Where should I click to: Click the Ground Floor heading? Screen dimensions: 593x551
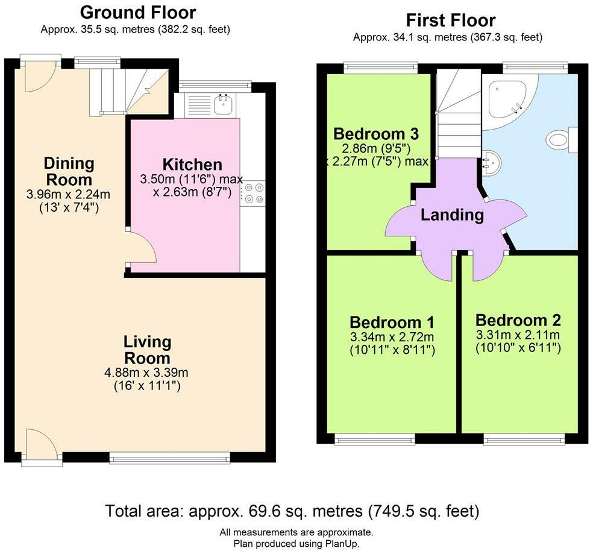pos(137,13)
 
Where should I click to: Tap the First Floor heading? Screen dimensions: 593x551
pos(450,20)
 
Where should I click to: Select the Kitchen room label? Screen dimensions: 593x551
pos(192,165)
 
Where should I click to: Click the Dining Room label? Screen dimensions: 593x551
pos(69,171)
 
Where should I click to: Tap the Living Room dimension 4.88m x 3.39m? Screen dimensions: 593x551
pos(146,373)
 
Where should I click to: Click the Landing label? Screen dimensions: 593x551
pos(453,215)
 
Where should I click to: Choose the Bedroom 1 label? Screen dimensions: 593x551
pos(392,323)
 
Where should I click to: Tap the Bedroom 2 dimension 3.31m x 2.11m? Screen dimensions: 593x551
pos(518,335)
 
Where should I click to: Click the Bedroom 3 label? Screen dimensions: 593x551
pos(376,134)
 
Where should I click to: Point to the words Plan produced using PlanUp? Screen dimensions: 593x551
pos(296,544)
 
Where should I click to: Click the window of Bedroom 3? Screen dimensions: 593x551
pos(381,68)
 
